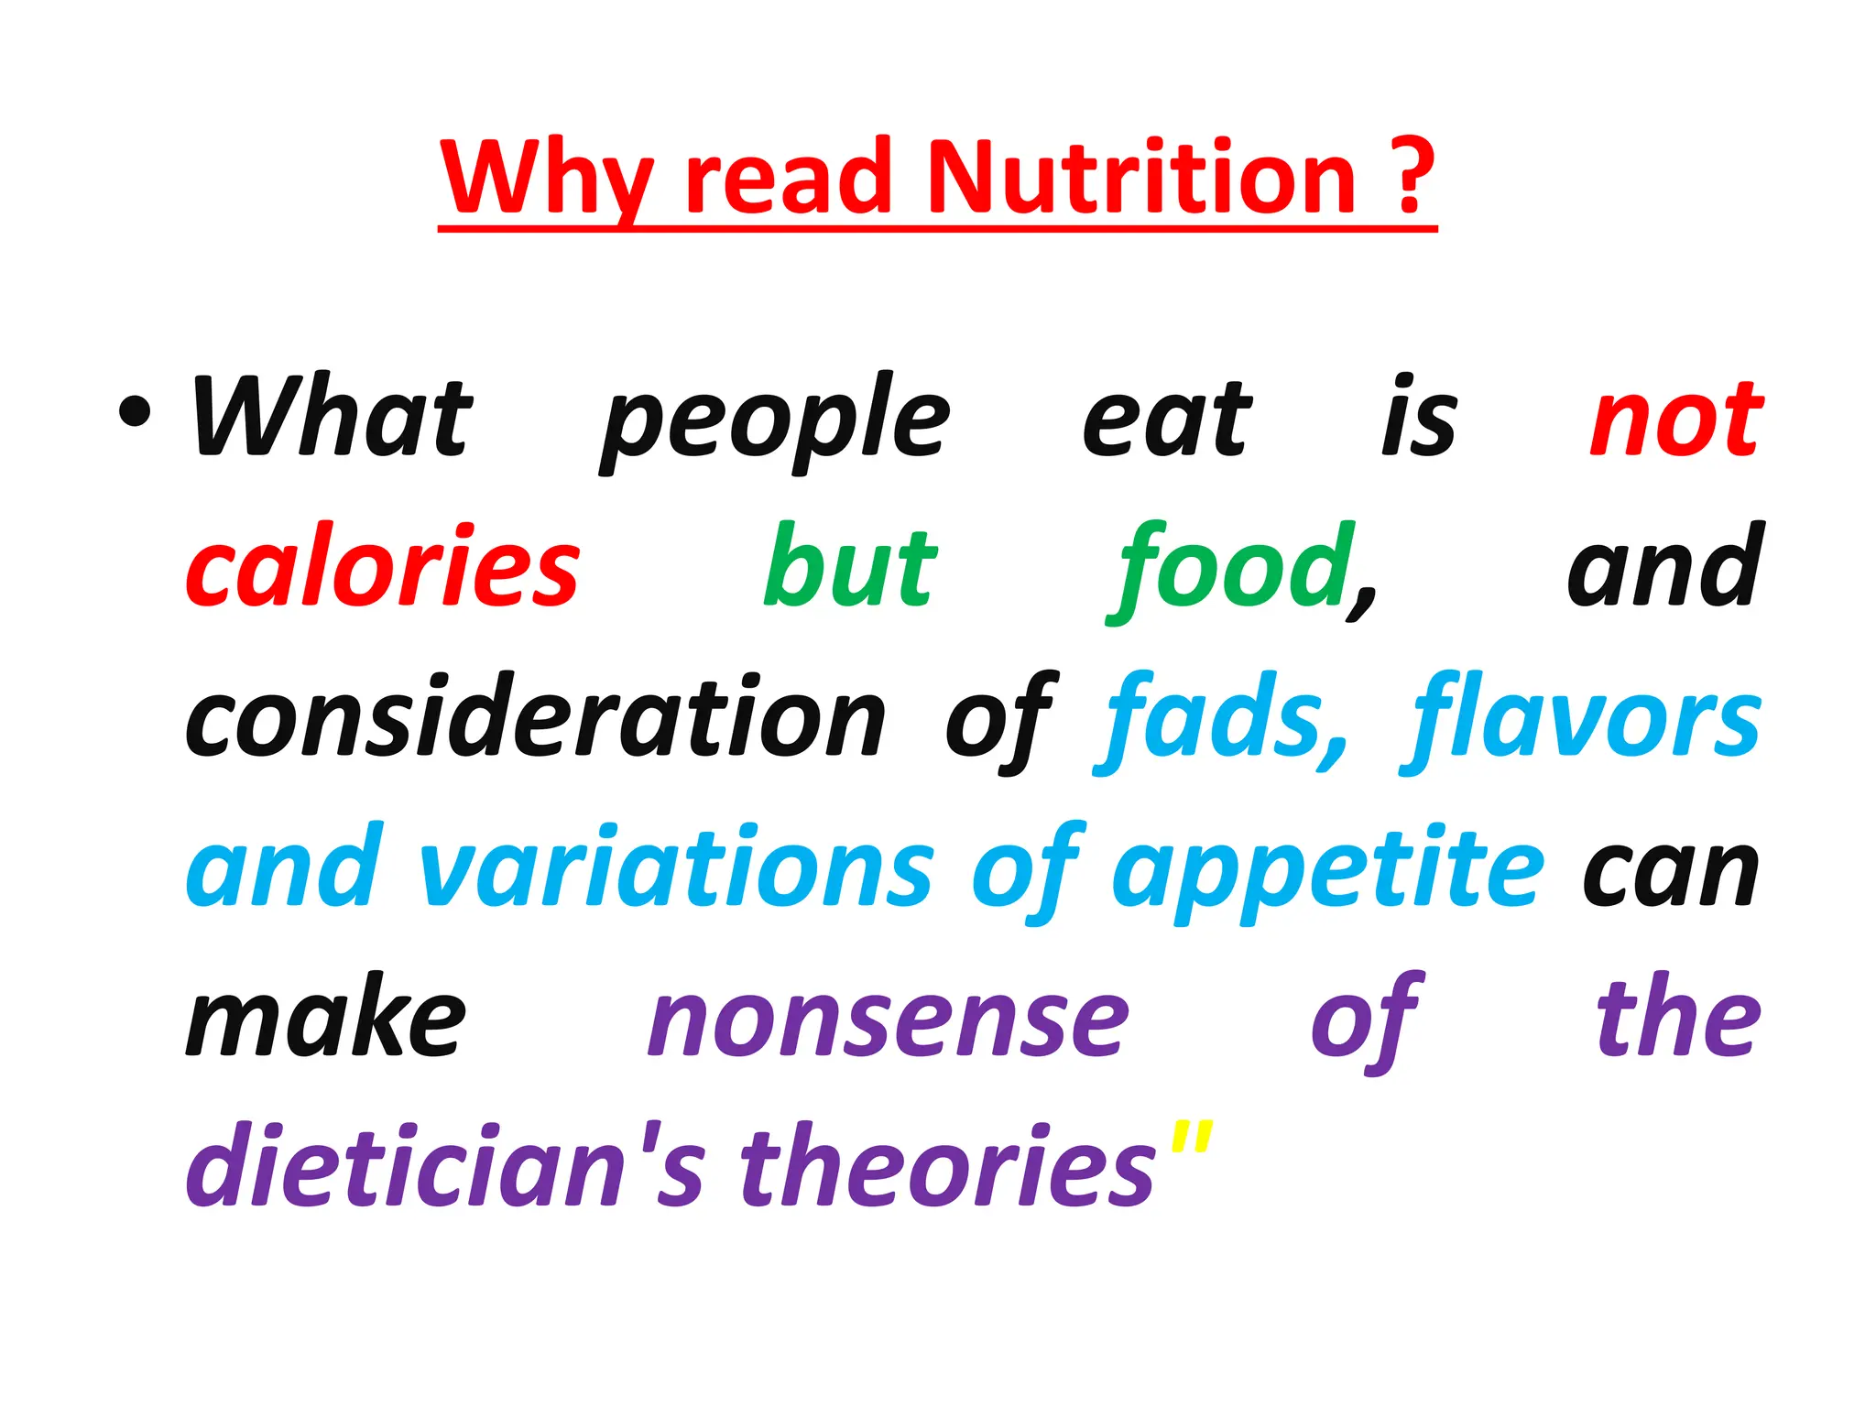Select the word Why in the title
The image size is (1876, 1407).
547,180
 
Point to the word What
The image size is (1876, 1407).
332,418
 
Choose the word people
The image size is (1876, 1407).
776,422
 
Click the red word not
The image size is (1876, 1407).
1675,420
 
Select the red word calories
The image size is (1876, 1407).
383,569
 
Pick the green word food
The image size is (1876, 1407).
1233,570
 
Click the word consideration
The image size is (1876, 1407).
536,718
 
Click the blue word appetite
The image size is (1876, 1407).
1328,871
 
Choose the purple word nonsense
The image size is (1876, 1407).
889,1020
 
